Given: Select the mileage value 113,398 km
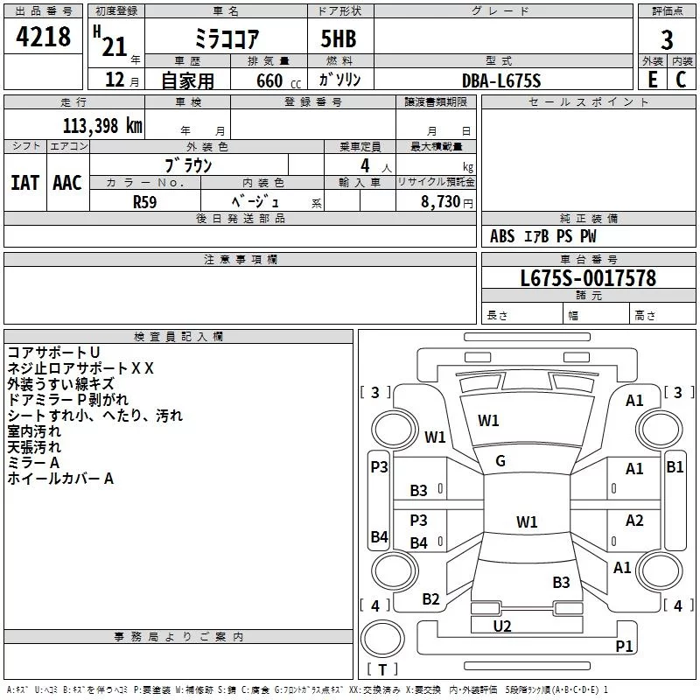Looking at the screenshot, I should pyautogui.click(x=102, y=125).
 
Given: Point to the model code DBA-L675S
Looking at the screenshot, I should pyautogui.click(x=501, y=80).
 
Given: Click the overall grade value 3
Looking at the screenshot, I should pyautogui.click(x=667, y=39).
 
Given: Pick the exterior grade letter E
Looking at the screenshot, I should pyautogui.click(x=652, y=80).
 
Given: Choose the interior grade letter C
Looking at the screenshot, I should pyautogui.click(x=681, y=80).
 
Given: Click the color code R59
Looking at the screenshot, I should pyautogui.click(x=145, y=201).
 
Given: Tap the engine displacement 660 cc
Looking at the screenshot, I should pyautogui.click(x=271, y=80).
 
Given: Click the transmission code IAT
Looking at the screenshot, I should pyautogui.click(x=24, y=183).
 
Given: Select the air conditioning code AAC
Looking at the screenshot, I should pyautogui.click(x=67, y=183).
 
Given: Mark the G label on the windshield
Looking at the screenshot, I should pyautogui.click(x=500, y=460).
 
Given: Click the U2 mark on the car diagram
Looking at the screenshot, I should pyautogui.click(x=502, y=626).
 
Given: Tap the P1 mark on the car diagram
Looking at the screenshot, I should pyautogui.click(x=624, y=646).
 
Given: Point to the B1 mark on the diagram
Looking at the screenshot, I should pyautogui.click(x=675, y=467).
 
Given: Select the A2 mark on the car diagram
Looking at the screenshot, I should pyautogui.click(x=634, y=521).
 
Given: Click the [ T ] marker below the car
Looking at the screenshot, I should pyautogui.click(x=382, y=669).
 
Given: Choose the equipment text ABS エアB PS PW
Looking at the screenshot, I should pyautogui.click(x=543, y=236).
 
